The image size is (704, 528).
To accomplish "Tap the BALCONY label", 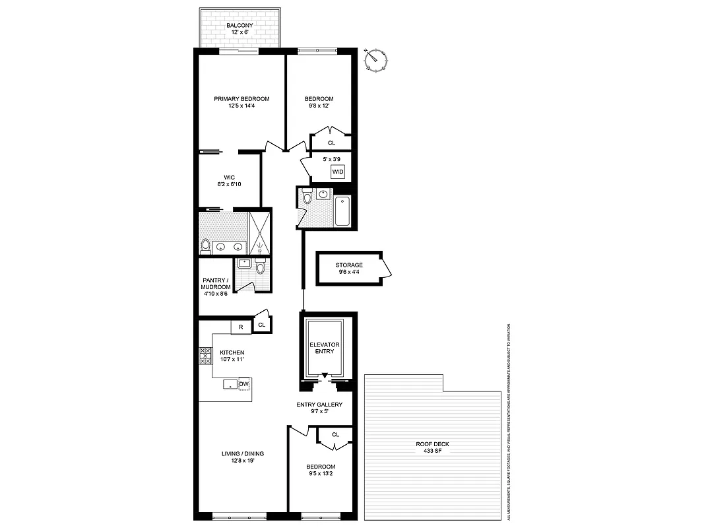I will [240, 25].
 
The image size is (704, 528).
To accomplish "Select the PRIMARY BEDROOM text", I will [241, 99].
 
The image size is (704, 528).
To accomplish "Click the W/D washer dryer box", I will [338, 172].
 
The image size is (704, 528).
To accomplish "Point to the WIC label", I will [230, 177].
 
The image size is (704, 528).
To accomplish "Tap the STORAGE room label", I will [349, 265].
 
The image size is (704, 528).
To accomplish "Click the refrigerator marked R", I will [241, 326].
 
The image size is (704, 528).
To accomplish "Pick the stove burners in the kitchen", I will [205, 356].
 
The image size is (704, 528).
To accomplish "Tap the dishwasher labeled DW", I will [243, 384].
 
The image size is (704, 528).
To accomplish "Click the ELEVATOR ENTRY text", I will [324, 348].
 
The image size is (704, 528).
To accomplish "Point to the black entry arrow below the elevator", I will [324, 376].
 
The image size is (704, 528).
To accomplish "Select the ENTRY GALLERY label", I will [319, 405].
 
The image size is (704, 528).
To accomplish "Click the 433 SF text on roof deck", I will [432, 451].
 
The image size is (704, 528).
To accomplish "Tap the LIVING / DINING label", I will [242, 453].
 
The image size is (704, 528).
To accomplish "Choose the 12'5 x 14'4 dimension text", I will [241, 106].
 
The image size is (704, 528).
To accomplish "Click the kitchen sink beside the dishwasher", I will [230, 384].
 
